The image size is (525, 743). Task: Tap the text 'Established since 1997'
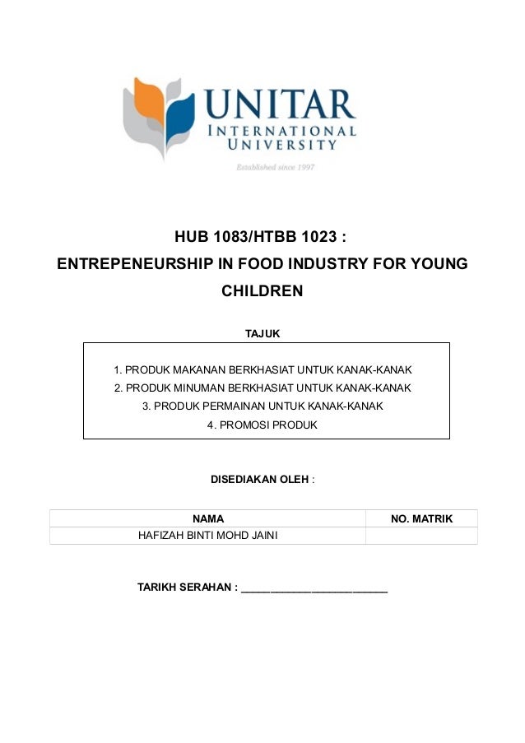[x=276, y=167]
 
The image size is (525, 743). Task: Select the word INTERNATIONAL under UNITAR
[x=291, y=131]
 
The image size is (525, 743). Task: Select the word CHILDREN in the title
[x=262, y=290]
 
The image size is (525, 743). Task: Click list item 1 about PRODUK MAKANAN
[x=262, y=369]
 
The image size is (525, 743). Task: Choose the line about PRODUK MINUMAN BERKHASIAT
[x=262, y=388]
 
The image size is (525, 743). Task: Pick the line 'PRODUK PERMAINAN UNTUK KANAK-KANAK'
[x=262, y=406]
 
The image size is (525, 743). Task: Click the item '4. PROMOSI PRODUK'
[x=262, y=425]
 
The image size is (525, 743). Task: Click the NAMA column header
[x=208, y=518]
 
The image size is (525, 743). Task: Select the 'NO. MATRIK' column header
[x=421, y=518]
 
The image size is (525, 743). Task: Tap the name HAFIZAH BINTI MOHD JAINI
[x=208, y=536]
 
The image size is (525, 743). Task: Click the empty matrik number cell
[x=421, y=536]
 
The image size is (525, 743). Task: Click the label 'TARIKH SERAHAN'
[x=186, y=587]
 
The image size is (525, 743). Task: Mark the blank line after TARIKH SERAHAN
[x=314, y=589]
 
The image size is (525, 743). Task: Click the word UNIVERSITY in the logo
[x=282, y=146]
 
